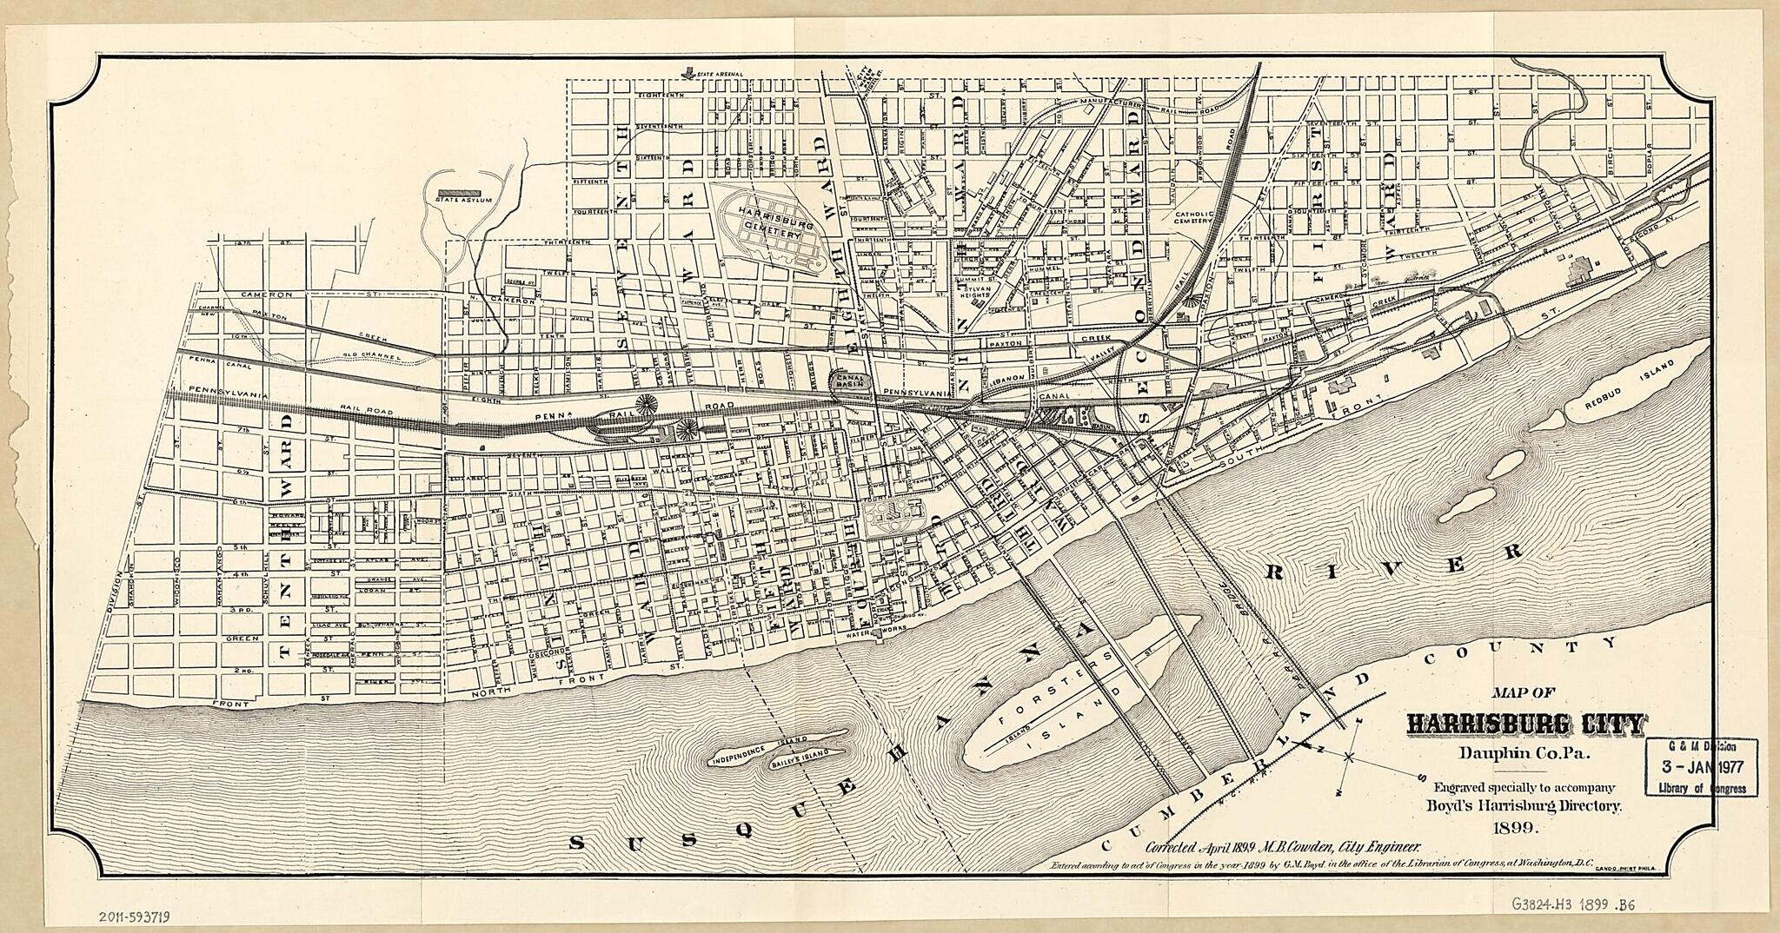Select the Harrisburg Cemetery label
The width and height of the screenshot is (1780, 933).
pyautogui.click(x=768, y=228)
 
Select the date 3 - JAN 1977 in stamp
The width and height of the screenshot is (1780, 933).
pyautogui.click(x=1701, y=768)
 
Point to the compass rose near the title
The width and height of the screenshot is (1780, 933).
pyautogui.click(x=1348, y=758)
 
